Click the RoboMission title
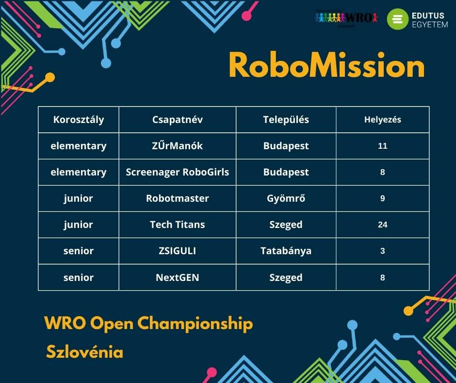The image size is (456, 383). click(x=326, y=65)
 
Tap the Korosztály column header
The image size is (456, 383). click(x=79, y=120)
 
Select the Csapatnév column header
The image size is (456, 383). click(x=178, y=120)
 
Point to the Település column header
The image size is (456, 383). click(x=286, y=120)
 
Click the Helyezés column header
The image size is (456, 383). click(x=382, y=120)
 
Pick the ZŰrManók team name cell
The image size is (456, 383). click(x=178, y=146)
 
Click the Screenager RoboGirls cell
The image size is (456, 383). click(x=178, y=172)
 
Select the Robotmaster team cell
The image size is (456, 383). click(x=178, y=198)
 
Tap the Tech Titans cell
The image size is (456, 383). click(x=178, y=225)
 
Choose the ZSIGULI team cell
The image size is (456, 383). click(x=178, y=251)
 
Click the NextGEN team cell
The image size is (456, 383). click(x=178, y=278)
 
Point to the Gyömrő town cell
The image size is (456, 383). click(x=286, y=198)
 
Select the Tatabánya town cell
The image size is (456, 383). click(x=286, y=251)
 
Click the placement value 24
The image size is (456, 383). click(x=382, y=225)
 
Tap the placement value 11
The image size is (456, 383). click(x=382, y=146)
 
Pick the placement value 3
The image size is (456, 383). click(x=382, y=251)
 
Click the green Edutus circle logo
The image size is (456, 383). click(x=398, y=19)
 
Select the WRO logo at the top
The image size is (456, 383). click(x=346, y=18)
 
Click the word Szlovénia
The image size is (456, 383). click(x=84, y=351)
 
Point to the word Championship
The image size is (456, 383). click(x=195, y=324)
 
